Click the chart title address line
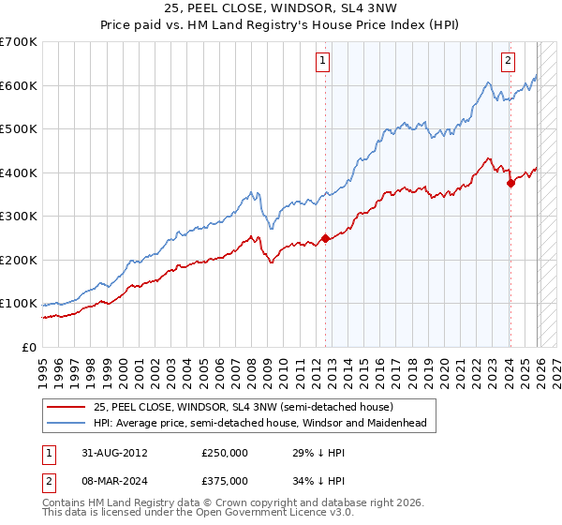(x=280, y=8)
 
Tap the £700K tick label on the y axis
(x=19, y=42)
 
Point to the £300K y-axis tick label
(x=19, y=217)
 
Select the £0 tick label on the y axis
(x=28, y=347)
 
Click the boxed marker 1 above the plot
(x=321, y=62)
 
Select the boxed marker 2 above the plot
(x=508, y=62)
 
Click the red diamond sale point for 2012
(x=325, y=238)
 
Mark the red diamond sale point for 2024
(x=510, y=184)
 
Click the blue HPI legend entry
(x=259, y=424)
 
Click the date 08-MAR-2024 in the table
(x=113, y=480)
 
